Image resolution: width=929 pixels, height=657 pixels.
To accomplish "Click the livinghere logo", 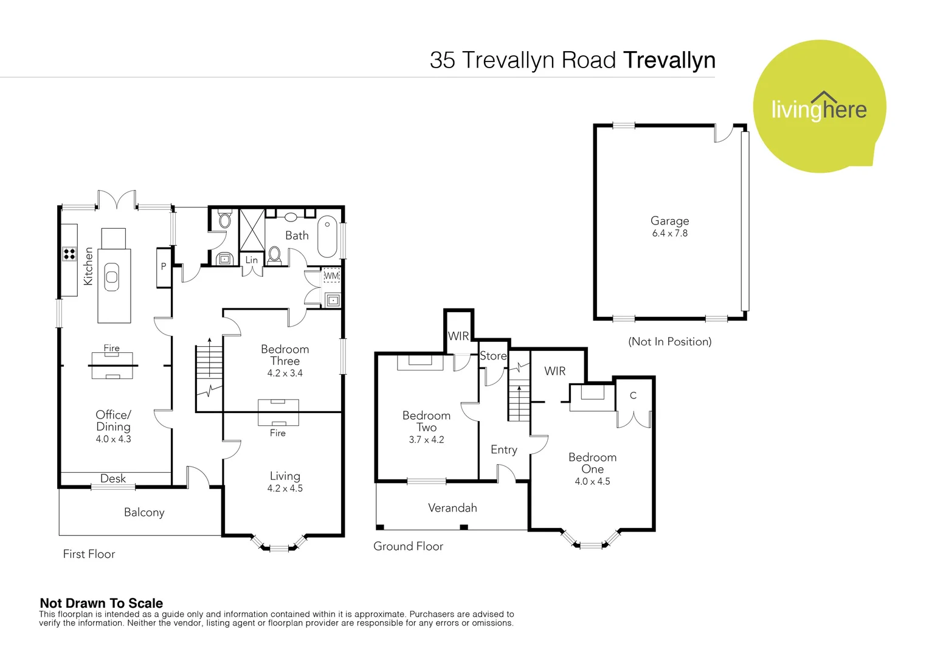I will pyautogui.click(x=819, y=108).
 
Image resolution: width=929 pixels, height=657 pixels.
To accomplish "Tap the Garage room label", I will pyautogui.click(x=669, y=221).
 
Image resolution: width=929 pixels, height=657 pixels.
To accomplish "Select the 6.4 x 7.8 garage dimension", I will pyautogui.click(x=669, y=234).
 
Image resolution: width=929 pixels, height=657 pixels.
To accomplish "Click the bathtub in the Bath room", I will pyautogui.click(x=327, y=237).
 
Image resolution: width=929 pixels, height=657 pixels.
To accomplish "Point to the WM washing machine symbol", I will pyautogui.click(x=331, y=276).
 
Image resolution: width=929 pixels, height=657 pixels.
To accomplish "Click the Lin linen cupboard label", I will pyautogui.click(x=252, y=260).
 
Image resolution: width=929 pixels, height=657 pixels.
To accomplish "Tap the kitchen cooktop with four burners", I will pyautogui.click(x=69, y=254).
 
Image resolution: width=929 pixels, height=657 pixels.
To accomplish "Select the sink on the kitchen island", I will pyautogui.click(x=112, y=277).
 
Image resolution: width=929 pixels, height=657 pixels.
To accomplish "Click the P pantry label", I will pyautogui.click(x=164, y=266).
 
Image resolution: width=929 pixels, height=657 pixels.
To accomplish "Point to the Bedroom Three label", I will pyautogui.click(x=285, y=355).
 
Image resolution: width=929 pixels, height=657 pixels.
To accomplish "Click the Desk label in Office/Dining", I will pyautogui.click(x=113, y=479).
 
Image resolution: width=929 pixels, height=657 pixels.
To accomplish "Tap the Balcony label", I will pyautogui.click(x=144, y=512).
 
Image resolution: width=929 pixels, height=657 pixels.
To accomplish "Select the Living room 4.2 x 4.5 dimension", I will pyautogui.click(x=285, y=488).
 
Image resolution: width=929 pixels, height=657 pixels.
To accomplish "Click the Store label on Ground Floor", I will pyautogui.click(x=493, y=356).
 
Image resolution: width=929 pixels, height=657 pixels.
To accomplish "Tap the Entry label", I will pyautogui.click(x=503, y=450).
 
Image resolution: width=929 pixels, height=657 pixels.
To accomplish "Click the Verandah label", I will pyautogui.click(x=452, y=508).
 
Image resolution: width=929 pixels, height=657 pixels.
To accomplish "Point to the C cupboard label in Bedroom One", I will pyautogui.click(x=633, y=395).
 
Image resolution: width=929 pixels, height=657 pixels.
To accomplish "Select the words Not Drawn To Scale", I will pyautogui.click(x=102, y=603).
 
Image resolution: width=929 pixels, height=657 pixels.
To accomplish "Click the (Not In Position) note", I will pyautogui.click(x=669, y=342).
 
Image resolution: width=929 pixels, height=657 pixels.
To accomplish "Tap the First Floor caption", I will pyautogui.click(x=89, y=554).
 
